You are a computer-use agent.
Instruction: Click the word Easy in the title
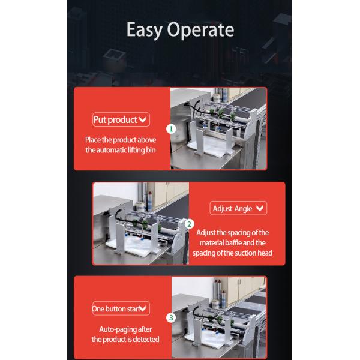pos(143,30)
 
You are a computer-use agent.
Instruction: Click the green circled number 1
pos(171,128)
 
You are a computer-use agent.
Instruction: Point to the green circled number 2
pos(190,224)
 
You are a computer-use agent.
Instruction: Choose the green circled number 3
pos(171,317)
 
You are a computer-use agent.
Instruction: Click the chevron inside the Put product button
pos(143,120)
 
